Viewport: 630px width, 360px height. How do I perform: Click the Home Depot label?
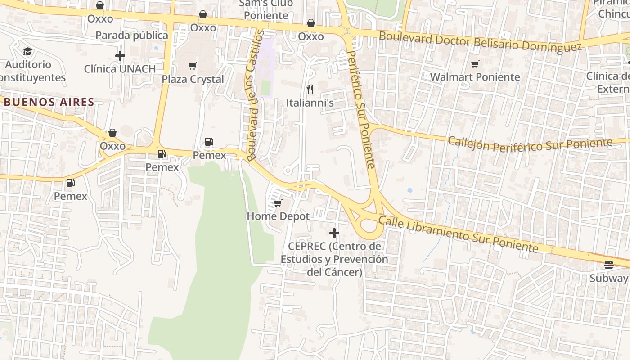coord(278,216)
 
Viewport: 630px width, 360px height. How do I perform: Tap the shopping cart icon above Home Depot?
coord(278,203)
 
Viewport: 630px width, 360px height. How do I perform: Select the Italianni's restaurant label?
coord(310,103)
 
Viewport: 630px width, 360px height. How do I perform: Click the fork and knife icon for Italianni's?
coord(310,89)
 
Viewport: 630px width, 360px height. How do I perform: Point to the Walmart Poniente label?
coord(475,77)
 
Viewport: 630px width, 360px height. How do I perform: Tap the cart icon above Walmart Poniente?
coord(475,64)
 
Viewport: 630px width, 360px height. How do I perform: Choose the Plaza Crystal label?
coord(193,79)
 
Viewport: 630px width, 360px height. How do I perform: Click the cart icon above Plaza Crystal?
coord(193,66)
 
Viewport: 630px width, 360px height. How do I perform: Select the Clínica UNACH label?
coord(120,69)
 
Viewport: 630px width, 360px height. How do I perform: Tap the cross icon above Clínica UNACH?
coord(120,56)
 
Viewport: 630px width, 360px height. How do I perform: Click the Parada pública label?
coord(131,35)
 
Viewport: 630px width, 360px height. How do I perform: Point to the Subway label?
coord(608,278)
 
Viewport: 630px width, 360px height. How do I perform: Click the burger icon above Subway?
coord(609,265)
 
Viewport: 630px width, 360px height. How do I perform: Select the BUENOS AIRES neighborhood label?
coord(49,102)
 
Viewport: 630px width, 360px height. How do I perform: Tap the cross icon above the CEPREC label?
coord(334,233)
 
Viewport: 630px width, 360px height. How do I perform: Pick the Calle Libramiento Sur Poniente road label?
coord(458,234)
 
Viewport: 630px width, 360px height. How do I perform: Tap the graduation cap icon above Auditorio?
coord(28,51)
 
